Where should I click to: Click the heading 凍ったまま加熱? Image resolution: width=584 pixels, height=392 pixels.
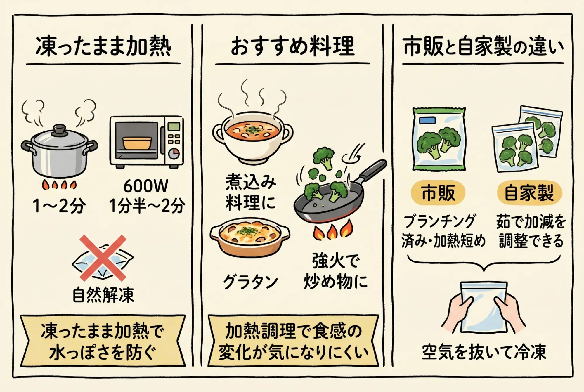coord(103,46)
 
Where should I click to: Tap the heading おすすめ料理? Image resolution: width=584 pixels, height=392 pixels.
coord(293,46)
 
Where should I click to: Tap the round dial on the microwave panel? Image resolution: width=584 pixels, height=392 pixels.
coord(174,153)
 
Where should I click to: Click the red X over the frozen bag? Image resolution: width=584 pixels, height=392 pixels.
coord(103,258)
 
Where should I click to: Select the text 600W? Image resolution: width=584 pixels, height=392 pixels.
coord(146,186)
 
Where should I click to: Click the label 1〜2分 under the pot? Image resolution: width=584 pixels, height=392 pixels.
coord(59,206)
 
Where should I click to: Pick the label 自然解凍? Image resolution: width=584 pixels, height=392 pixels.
coord(103,295)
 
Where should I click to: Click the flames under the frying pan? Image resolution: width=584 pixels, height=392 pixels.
coord(332,230)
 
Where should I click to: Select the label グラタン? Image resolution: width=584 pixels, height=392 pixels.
coord(250,282)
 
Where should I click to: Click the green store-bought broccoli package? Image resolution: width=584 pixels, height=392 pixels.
coord(439,139)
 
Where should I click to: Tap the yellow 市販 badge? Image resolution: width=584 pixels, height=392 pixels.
coord(438,193)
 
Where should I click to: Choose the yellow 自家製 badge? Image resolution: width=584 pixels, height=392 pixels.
coord(529,193)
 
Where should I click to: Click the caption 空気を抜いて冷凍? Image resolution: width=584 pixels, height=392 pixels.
coord(484,352)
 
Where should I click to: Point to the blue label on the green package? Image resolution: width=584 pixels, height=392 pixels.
coord(427,120)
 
